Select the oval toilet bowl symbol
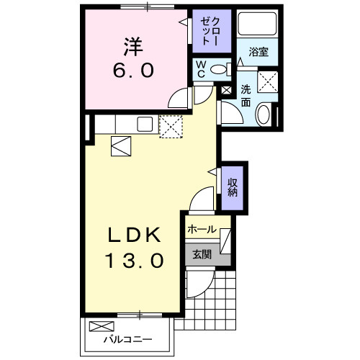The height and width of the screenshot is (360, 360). (x=226, y=69)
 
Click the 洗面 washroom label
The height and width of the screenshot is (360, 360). (x=246, y=96)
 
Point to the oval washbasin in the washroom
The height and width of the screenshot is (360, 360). (x=264, y=114)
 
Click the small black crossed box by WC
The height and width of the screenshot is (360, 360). (x=226, y=91)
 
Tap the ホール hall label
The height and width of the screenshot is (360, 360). (x=202, y=230)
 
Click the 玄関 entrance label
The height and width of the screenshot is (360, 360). (x=202, y=254)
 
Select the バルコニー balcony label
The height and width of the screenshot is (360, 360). (x=127, y=338)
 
